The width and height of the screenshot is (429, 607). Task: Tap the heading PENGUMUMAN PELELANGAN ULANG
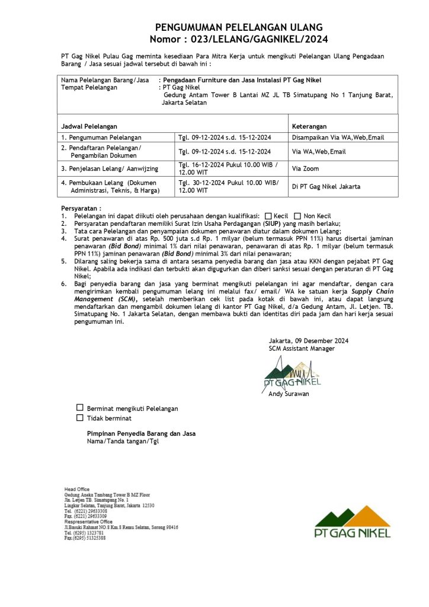coord(239,28)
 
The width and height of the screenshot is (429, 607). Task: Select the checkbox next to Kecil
coord(268,216)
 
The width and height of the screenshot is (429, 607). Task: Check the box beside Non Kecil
coord(298,216)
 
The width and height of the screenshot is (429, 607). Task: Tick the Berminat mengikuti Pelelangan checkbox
coord(79,408)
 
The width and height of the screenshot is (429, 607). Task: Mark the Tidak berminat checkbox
coord(79,418)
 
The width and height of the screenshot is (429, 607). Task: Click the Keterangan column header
coord(309,126)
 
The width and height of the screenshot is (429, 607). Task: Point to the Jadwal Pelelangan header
coord(89,126)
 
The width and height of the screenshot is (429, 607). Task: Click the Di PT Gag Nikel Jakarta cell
coord(325,186)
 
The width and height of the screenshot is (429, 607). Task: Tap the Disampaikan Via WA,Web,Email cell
coord(338,138)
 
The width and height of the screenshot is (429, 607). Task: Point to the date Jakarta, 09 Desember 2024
coord(308,341)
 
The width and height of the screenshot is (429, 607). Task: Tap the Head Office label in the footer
coord(77,489)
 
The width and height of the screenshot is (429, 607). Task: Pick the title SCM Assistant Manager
coord(302,349)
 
